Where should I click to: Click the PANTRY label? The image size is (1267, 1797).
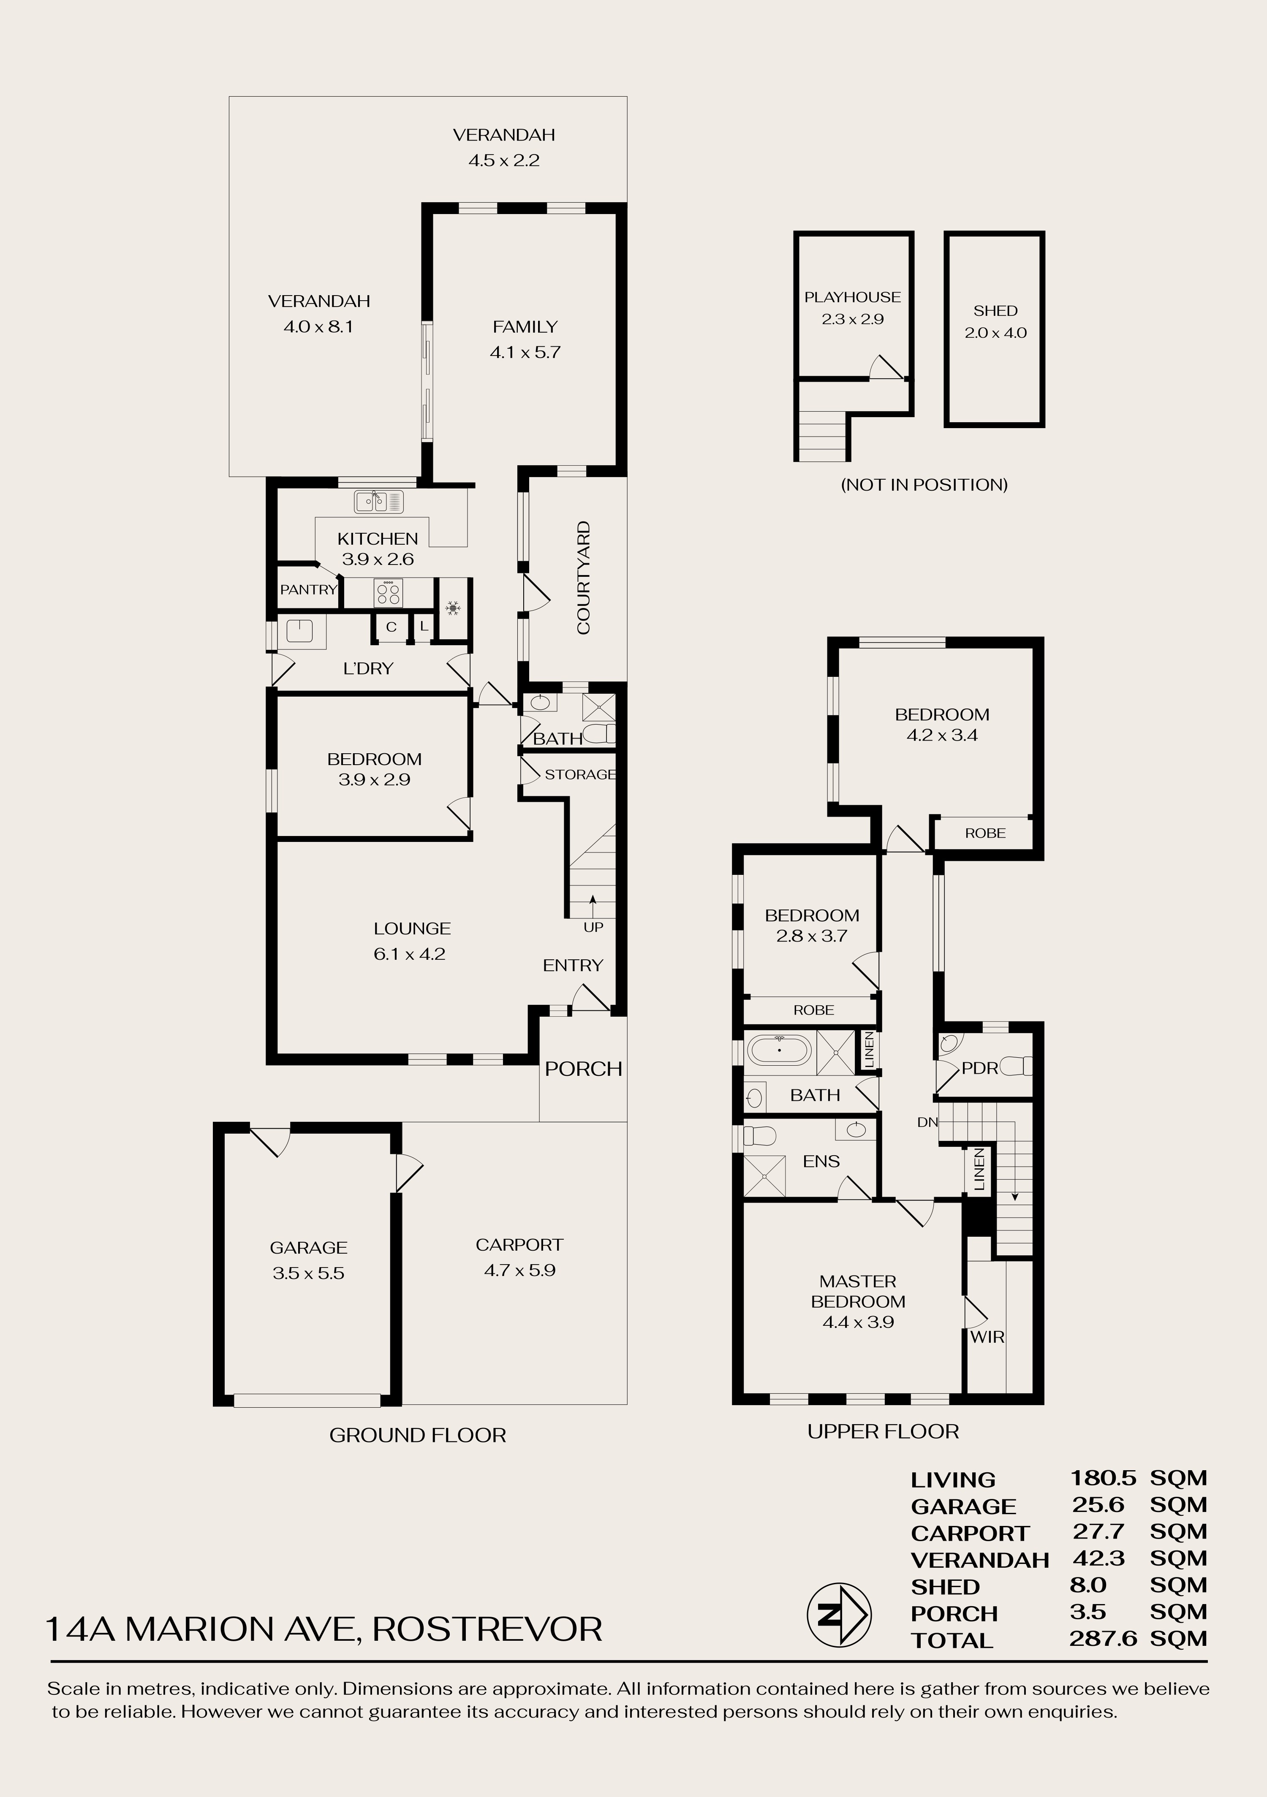(x=309, y=590)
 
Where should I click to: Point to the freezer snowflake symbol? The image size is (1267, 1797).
(x=452, y=607)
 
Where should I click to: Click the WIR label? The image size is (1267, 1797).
(x=987, y=1337)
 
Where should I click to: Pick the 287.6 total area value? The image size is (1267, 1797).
(x=1103, y=1638)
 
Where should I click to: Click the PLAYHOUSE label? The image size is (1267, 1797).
(x=853, y=297)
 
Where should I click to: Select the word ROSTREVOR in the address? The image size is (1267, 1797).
(x=487, y=1629)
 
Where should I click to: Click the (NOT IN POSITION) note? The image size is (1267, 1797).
(x=924, y=484)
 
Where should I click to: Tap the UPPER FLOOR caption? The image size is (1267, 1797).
(x=883, y=1431)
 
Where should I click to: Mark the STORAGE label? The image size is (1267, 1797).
(x=580, y=774)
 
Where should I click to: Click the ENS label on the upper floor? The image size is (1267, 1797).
(x=821, y=1162)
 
